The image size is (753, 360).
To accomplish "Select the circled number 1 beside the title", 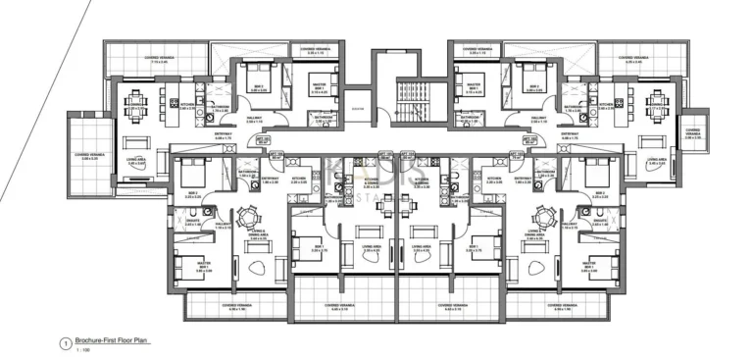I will point(64,342).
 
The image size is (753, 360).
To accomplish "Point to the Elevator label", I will point(357,109).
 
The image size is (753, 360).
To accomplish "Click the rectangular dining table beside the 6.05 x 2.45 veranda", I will point(656,101).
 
